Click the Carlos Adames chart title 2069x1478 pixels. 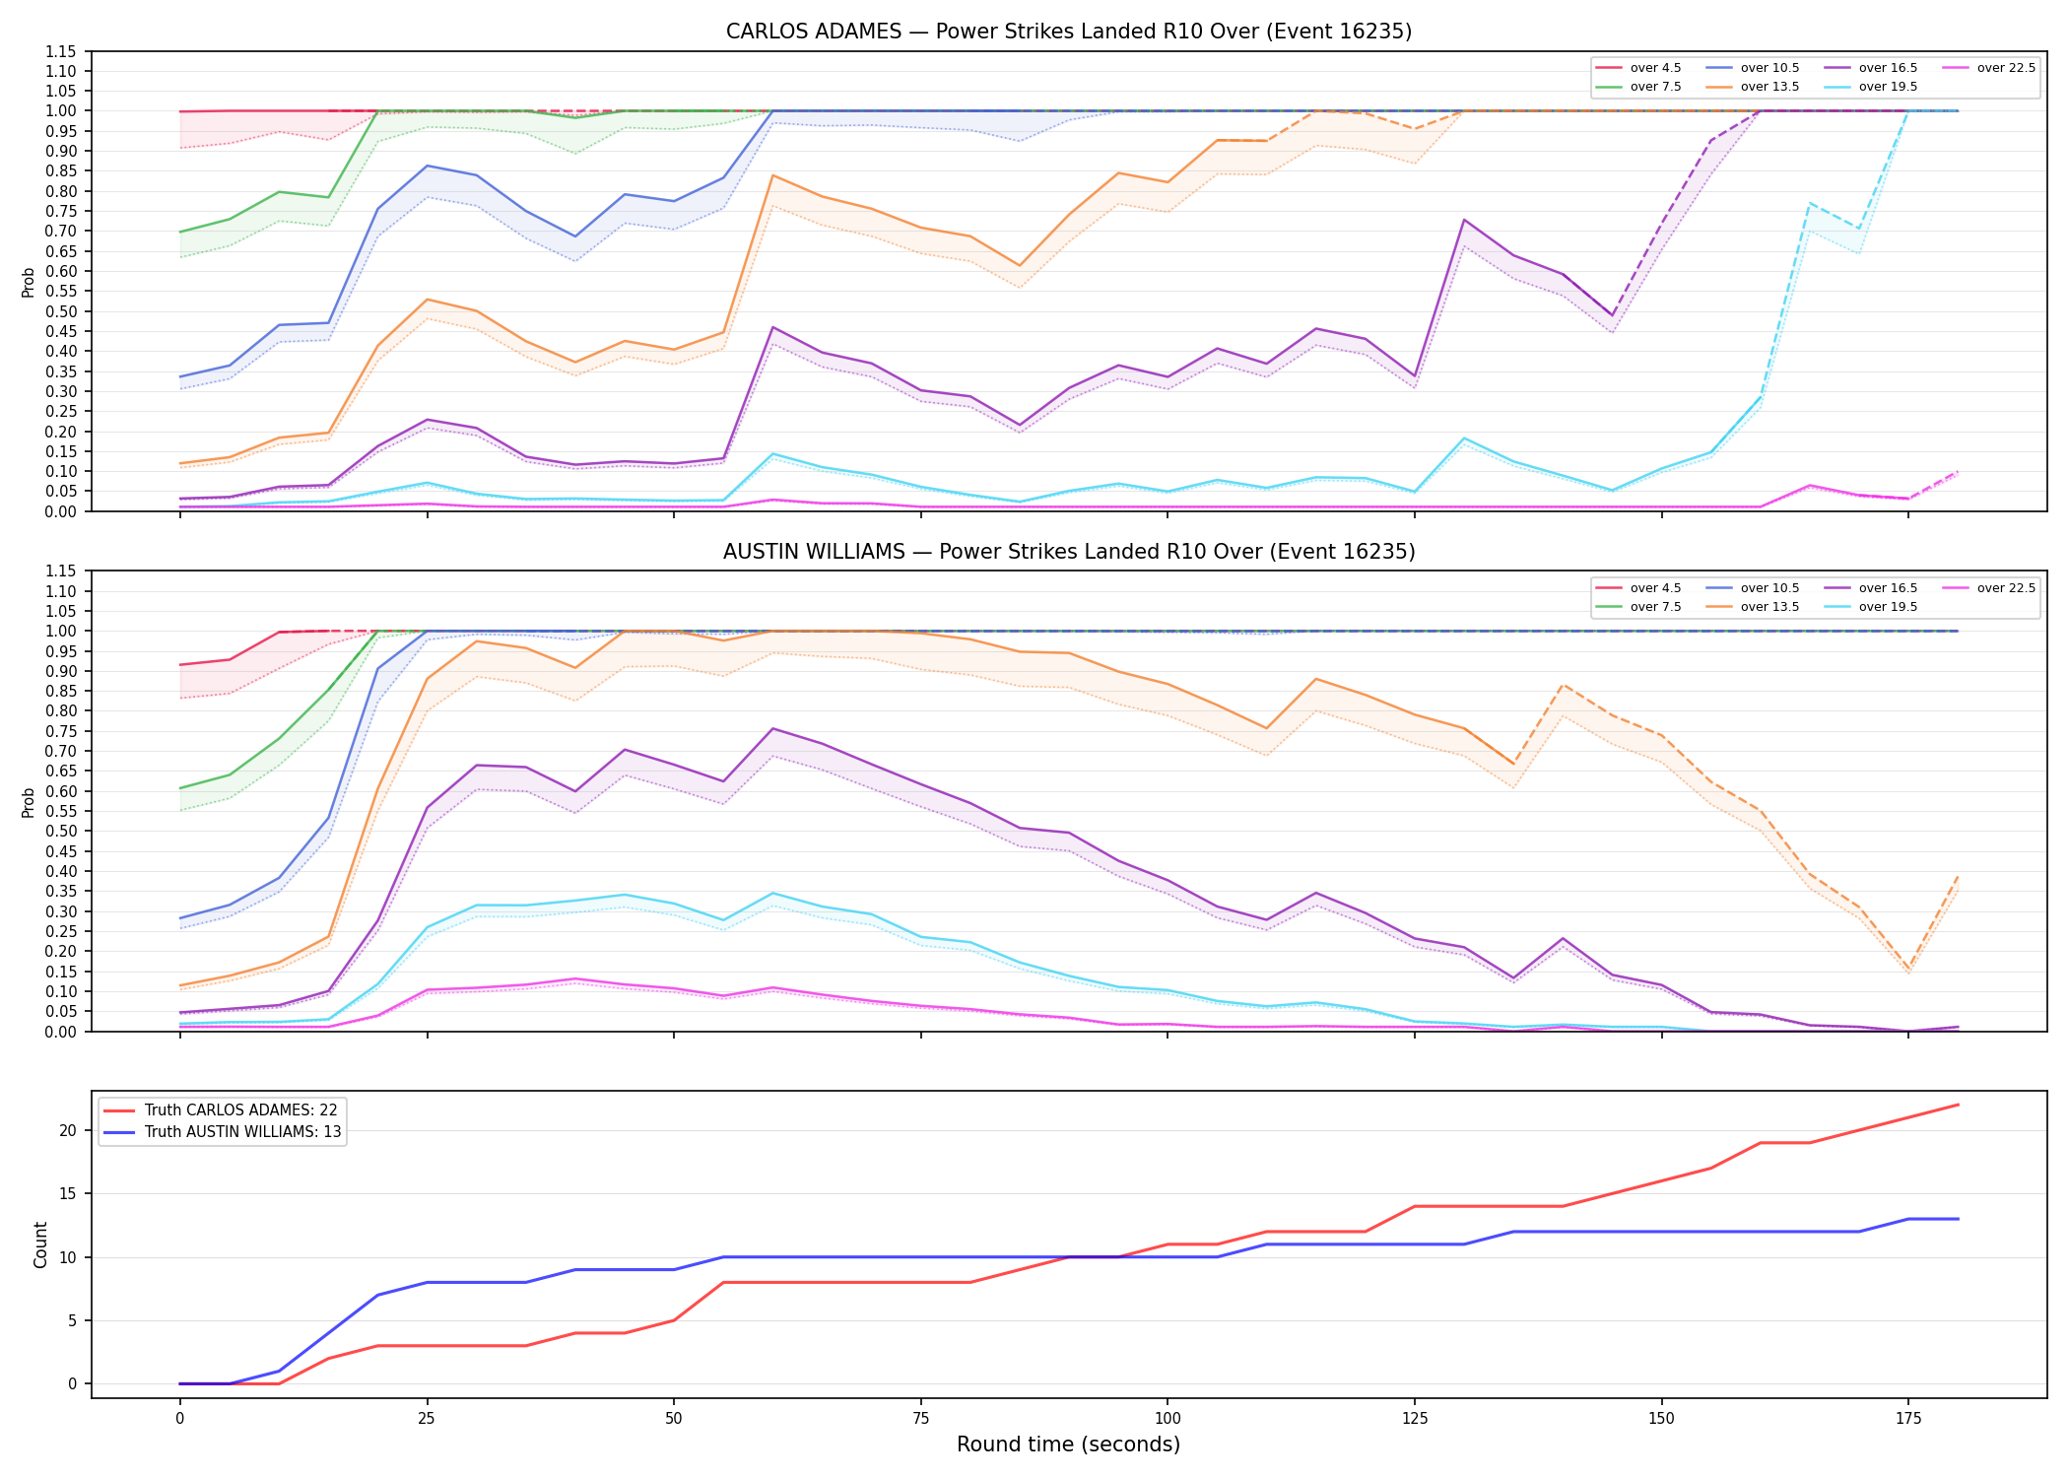click(1069, 32)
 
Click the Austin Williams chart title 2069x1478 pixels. click(1069, 552)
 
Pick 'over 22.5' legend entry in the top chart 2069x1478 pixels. click(1989, 68)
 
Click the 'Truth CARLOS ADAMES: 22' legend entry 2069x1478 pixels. click(221, 1110)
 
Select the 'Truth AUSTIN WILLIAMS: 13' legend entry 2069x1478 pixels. click(223, 1132)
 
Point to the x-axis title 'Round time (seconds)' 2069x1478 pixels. click(1069, 1444)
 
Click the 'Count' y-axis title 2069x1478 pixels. click(40, 1244)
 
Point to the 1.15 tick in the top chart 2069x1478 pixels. click(60, 51)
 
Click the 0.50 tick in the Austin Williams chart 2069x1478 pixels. click(60, 831)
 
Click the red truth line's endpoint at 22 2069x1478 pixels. click(1958, 1105)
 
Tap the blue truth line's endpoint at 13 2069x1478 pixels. click(1958, 1219)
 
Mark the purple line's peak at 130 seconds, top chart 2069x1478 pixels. click(1464, 220)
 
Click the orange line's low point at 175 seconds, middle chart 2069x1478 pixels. click(1908, 968)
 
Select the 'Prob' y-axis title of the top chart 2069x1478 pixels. click(29, 282)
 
